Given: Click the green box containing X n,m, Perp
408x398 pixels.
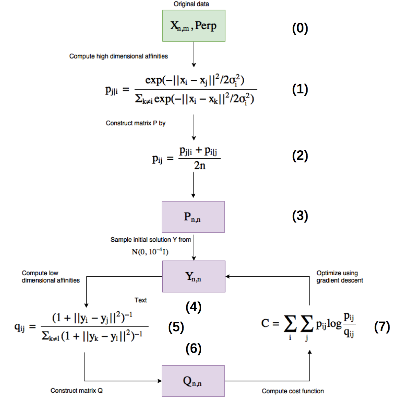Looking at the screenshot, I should (194, 26).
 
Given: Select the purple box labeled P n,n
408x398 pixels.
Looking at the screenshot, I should (193, 217).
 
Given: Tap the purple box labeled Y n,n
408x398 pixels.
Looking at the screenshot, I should (194, 276).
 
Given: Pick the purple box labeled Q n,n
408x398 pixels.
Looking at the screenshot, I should (193, 381).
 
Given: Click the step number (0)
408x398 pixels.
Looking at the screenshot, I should (300, 28).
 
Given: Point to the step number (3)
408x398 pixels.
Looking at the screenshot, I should (300, 216).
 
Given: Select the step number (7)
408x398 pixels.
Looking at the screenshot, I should (382, 326).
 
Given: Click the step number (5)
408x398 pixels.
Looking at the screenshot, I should (176, 327).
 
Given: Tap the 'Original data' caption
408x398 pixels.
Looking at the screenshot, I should (191, 4).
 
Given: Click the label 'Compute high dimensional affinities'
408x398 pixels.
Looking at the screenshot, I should (118, 56).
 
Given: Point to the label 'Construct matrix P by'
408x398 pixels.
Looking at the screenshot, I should (135, 123).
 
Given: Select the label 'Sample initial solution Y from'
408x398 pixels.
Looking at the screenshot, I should (151, 239).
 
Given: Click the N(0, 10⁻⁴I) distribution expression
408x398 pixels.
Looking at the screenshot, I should (150, 251).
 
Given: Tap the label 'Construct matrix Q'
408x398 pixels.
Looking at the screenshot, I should (77, 390).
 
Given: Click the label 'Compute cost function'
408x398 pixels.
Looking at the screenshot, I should (293, 391).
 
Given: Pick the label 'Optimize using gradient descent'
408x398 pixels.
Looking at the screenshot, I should (339, 277).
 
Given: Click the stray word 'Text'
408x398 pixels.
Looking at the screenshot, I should (140, 300).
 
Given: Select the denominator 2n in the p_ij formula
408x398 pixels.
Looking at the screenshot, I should (199, 165).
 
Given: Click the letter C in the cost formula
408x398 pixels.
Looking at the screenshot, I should (265, 323).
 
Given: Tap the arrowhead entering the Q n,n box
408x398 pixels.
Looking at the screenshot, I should (160, 381).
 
